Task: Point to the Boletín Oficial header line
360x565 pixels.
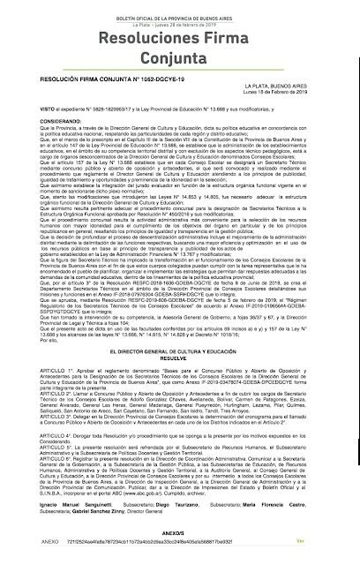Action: pos(180,7)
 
